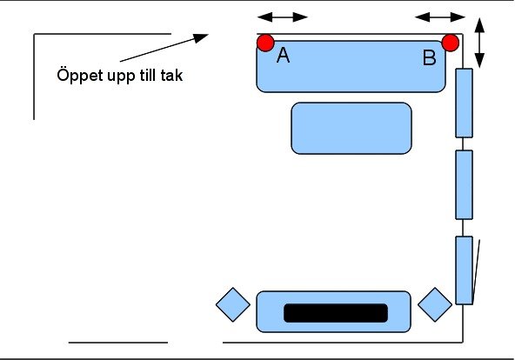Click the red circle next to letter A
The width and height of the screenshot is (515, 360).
(265, 43)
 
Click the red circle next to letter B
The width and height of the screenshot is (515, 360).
(451, 43)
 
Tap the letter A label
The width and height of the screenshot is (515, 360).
(283, 55)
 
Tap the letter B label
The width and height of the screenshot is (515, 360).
(430, 57)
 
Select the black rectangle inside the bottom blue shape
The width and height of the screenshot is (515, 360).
(336, 313)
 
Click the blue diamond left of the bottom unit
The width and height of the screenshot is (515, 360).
(233, 304)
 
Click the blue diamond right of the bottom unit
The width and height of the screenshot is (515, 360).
(435, 304)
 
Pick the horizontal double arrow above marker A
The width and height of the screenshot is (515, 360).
(283, 17)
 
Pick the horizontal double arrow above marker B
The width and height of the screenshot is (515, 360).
(440, 17)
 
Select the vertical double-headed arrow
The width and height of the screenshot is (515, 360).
(479, 43)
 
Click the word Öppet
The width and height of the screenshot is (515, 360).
(80, 76)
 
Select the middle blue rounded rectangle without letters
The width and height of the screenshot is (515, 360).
(351, 129)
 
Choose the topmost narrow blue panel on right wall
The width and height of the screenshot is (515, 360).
(464, 103)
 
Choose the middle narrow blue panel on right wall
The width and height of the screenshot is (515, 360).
(464, 184)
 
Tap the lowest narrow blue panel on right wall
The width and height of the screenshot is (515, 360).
(464, 270)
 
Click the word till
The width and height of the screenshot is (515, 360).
(148, 75)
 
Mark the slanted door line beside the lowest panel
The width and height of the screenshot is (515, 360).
(476, 271)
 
